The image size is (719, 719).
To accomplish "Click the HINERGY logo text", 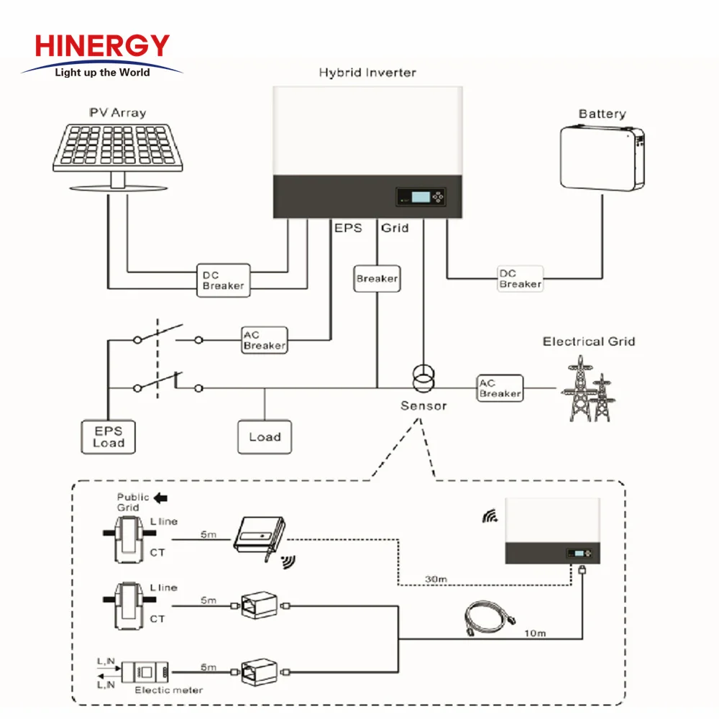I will pos(102,47).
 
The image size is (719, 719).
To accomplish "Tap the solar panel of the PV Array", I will pos(118,147).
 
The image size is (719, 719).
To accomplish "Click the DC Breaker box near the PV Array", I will pos(223,279).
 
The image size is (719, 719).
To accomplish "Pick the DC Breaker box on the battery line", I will pos(520,278).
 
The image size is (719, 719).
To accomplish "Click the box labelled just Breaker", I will pos(377,278).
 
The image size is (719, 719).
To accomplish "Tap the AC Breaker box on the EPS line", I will pos(264,340).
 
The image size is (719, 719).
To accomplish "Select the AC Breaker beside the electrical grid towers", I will pos(500,388).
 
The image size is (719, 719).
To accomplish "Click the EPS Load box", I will pos(108,436).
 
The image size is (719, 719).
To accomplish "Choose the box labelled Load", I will pos(265,436).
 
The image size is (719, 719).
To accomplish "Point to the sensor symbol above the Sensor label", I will pos(423,377).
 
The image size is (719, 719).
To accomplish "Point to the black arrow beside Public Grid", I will pos(161,497).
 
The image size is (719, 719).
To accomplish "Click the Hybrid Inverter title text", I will pos(367,73).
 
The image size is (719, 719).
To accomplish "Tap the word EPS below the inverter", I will pos(348,228).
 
